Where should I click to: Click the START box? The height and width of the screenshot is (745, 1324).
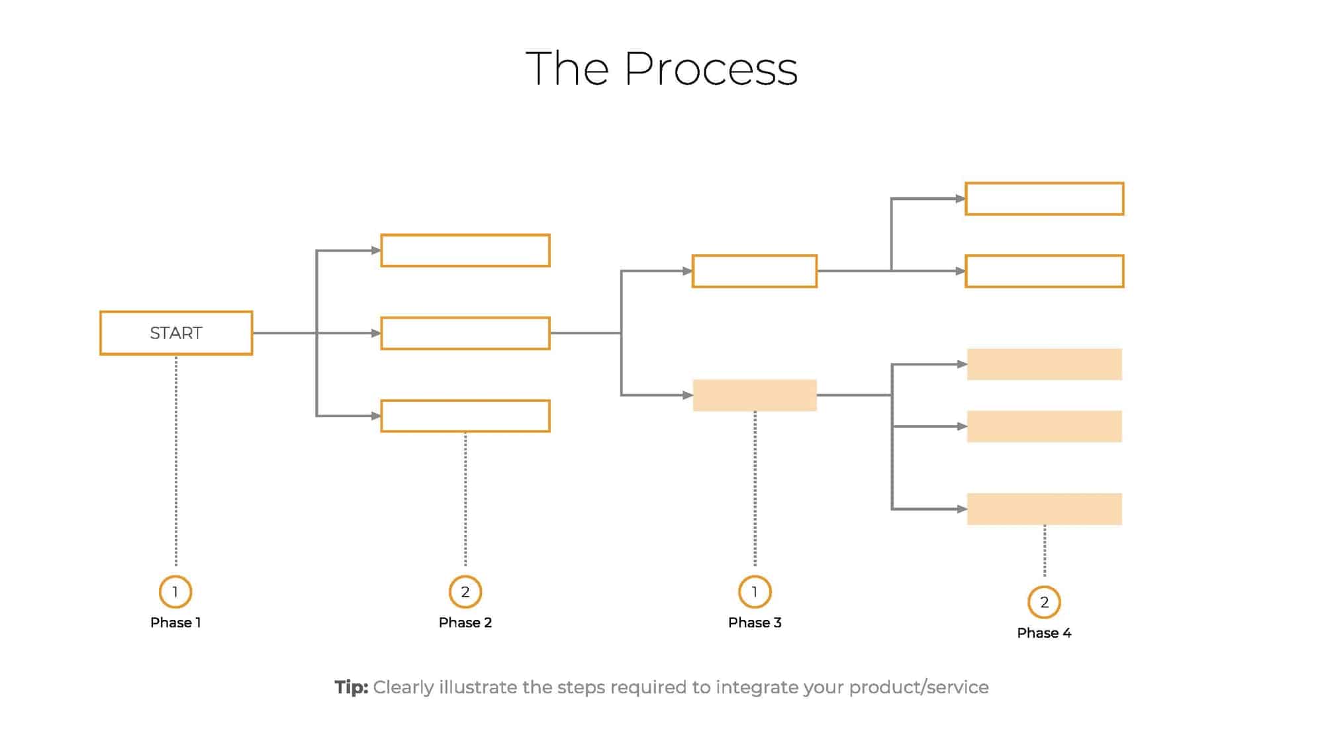[176, 333]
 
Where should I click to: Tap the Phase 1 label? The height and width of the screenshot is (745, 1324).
[175, 622]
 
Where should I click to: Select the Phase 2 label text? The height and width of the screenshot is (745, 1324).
[465, 622]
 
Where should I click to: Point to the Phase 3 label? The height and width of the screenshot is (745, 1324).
[755, 622]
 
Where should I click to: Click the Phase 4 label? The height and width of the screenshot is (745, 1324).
[1044, 633]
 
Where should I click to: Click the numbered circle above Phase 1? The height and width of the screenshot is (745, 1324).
[175, 591]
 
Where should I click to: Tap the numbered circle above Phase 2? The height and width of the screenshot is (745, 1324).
[465, 591]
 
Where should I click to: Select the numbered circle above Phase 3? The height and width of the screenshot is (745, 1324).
[755, 591]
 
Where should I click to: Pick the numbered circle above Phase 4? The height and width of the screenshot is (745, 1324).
[1044, 602]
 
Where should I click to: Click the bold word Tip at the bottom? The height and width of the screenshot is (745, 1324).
[351, 687]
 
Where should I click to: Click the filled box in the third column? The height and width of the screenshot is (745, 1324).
[755, 395]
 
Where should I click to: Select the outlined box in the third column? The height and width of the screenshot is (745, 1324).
[755, 271]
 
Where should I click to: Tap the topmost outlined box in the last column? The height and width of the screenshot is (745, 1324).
[1044, 199]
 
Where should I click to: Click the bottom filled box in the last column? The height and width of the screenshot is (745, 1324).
[1044, 509]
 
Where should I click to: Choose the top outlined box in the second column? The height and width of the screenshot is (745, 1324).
[465, 250]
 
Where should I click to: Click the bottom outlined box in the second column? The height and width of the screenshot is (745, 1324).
[465, 416]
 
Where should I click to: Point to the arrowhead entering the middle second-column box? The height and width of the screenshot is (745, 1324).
[376, 333]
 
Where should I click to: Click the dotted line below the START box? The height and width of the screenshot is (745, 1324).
[176, 464]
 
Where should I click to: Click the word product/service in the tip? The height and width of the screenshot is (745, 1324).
[919, 687]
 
